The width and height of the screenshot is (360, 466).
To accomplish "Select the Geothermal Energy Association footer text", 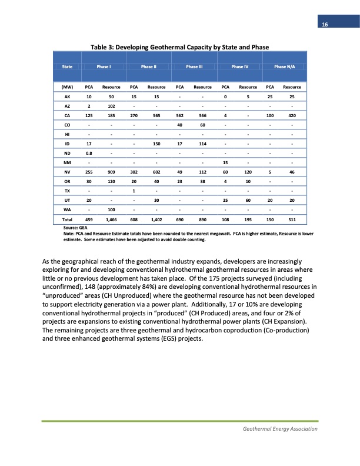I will tap(280, 429).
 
